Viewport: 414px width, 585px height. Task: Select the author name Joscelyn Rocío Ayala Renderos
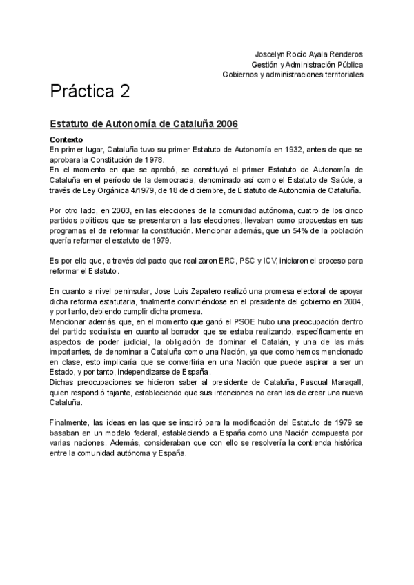309,54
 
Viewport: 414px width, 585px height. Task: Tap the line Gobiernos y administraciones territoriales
293,75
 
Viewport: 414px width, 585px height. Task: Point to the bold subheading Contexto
66,139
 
